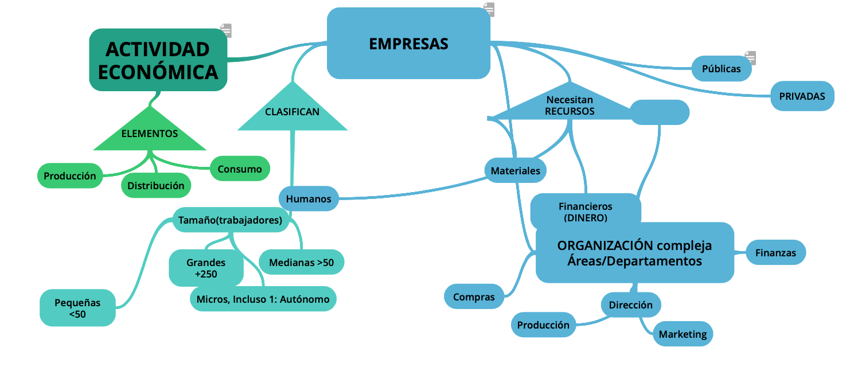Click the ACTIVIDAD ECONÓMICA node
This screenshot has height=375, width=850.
pyautogui.click(x=158, y=60)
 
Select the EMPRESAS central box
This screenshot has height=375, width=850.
pyautogui.click(x=408, y=44)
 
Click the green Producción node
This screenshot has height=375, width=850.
pyautogui.click(x=70, y=176)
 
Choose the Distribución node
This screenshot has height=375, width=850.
pyautogui.click(x=156, y=186)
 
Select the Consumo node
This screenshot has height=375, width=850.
pyautogui.click(x=240, y=169)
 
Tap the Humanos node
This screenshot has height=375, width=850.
pyautogui.click(x=309, y=199)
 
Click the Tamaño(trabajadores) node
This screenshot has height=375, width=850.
pyautogui.click(x=230, y=220)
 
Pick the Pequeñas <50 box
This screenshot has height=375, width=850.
pyautogui.click(x=77, y=308)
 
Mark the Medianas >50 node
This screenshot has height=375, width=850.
pyautogui.click(x=302, y=263)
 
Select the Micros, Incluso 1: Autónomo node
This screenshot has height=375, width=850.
pyautogui.click(x=263, y=299)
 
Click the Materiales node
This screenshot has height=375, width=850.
pyautogui.click(x=516, y=170)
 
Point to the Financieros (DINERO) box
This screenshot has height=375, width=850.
pyautogui.click(x=585, y=212)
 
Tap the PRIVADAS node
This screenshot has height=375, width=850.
pyautogui.click(x=802, y=96)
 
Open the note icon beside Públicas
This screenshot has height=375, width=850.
pyautogui.click(x=750, y=58)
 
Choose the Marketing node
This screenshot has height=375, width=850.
pyautogui.click(x=683, y=334)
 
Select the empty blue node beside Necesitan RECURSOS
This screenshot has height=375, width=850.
pyautogui.click(x=660, y=112)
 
